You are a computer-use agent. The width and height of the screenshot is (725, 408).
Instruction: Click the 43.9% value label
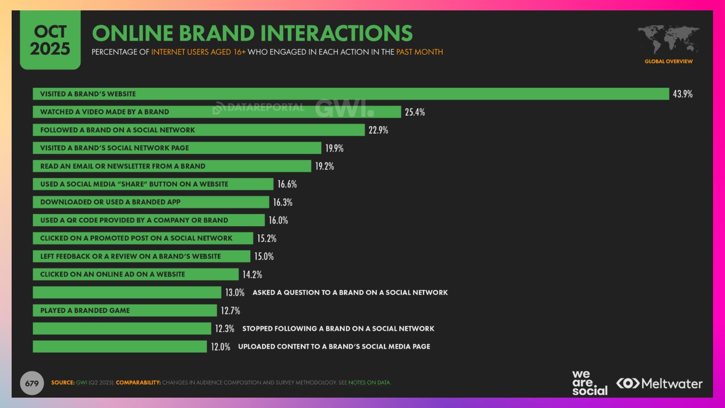click(682, 94)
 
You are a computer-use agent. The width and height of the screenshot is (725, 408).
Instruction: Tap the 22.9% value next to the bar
click(378, 130)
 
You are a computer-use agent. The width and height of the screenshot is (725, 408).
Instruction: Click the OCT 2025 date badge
click(50, 40)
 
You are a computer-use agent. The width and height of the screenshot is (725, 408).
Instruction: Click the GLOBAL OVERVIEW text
click(668, 61)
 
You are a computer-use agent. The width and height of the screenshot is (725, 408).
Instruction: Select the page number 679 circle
click(32, 383)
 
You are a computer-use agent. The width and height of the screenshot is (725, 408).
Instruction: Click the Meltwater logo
click(659, 383)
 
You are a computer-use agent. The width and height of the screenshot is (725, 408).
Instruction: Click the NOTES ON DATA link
click(369, 382)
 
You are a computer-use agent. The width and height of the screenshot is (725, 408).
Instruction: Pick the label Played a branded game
click(85, 310)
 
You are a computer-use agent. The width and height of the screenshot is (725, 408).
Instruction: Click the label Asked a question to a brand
click(350, 292)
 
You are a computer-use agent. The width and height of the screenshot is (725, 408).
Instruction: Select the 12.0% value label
click(220, 347)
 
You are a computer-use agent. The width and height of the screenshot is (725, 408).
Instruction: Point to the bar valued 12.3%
click(122, 328)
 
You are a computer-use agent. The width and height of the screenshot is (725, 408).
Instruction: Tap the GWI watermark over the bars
click(344, 108)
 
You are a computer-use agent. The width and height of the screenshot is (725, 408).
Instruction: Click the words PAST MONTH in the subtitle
click(419, 52)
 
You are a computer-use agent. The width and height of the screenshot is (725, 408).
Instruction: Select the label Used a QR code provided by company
click(134, 220)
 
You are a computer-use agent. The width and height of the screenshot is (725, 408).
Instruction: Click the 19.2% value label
click(324, 166)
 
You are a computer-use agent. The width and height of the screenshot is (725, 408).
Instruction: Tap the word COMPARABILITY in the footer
click(138, 382)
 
